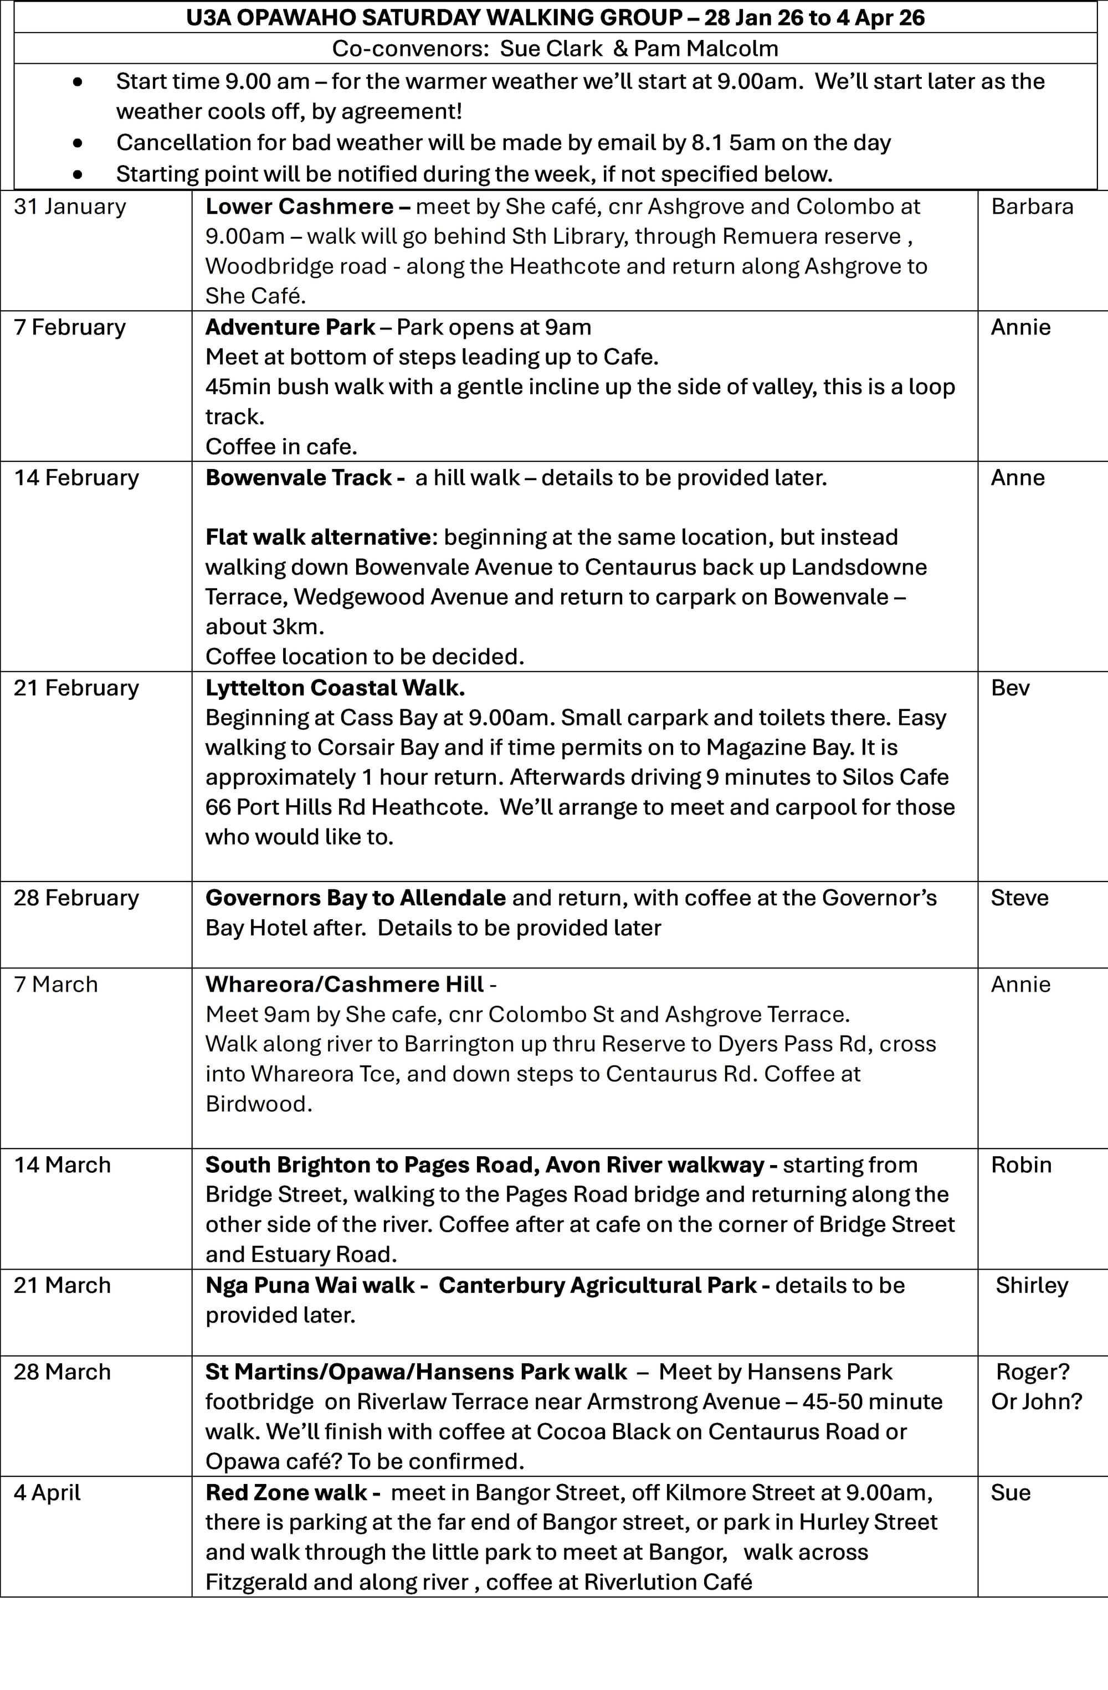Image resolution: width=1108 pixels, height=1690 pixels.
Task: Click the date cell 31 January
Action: pos(70,207)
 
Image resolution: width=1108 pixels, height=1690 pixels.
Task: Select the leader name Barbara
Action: pos(1032,207)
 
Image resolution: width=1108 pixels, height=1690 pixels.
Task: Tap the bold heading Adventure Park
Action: pos(290,327)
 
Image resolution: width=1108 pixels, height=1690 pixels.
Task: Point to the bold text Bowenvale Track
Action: pos(298,477)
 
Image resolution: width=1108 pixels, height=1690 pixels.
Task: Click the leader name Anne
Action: pos(1018,477)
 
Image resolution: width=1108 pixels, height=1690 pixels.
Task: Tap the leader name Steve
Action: pos(1019,898)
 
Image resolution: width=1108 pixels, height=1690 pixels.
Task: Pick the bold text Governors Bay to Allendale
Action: pos(355,898)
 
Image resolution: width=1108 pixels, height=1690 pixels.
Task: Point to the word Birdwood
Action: pos(259,1104)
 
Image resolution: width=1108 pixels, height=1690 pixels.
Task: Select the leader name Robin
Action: pos(1020,1165)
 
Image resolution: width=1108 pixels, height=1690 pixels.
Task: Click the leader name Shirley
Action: pos(1032,1285)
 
